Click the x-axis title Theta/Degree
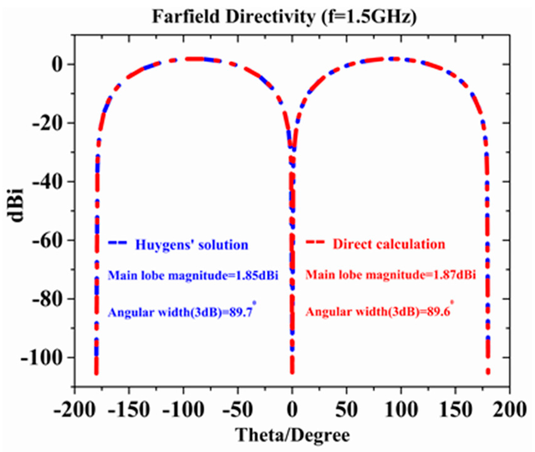pyautogui.click(x=293, y=435)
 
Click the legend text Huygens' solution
pyautogui.click(x=192, y=245)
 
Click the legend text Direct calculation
pyautogui.click(x=389, y=244)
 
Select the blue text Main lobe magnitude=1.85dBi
pyautogui.click(x=193, y=275)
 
